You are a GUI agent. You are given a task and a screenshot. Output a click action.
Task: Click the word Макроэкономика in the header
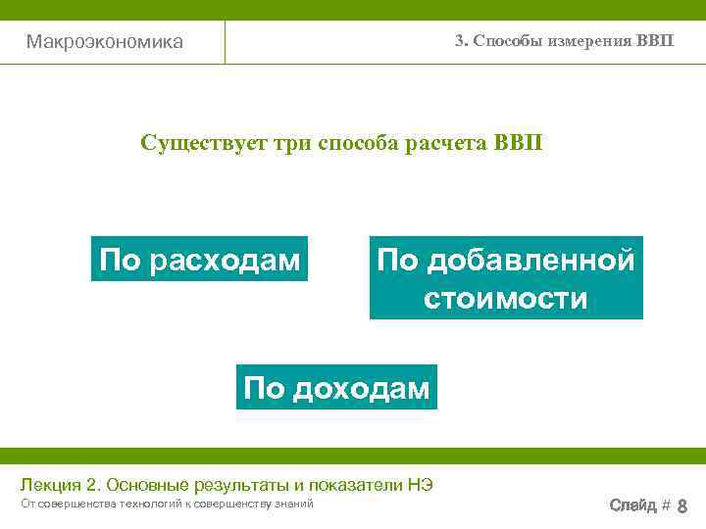pyautogui.click(x=104, y=42)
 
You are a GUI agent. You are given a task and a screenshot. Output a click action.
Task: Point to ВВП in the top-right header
pyautogui.click(x=655, y=41)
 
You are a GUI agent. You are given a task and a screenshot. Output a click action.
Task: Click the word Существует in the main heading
pyautogui.click(x=200, y=143)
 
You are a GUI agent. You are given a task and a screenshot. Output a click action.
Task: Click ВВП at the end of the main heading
pyautogui.click(x=517, y=143)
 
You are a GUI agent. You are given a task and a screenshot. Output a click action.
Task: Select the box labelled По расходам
pyautogui.click(x=199, y=259)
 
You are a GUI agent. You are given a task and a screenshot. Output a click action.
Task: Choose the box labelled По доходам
pyautogui.click(x=336, y=388)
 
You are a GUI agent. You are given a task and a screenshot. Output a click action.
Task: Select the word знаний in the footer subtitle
pyautogui.click(x=291, y=504)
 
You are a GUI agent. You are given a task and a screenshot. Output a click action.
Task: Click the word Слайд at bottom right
pyautogui.click(x=632, y=505)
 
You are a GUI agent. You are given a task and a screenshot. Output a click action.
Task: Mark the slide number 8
pyautogui.click(x=682, y=506)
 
